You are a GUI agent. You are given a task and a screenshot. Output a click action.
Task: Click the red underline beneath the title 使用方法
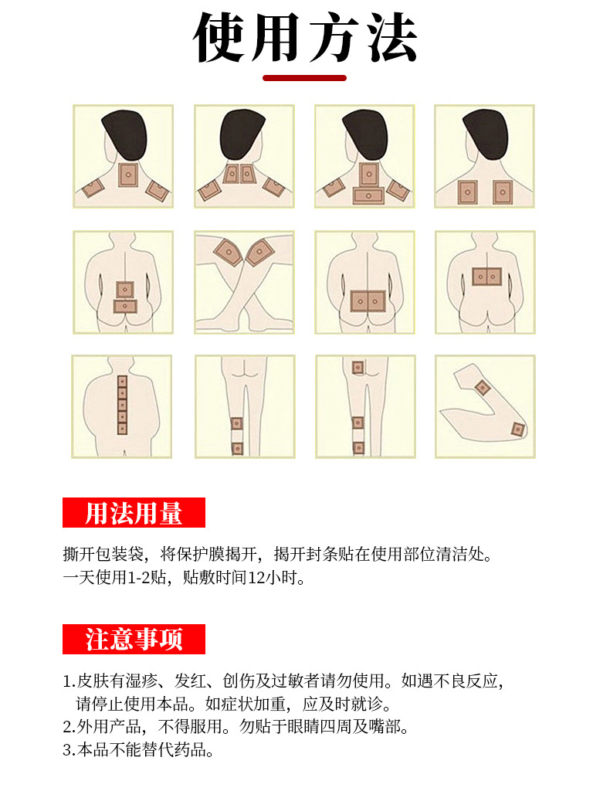click(x=304, y=77)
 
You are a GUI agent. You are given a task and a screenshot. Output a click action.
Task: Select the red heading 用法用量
click(x=134, y=513)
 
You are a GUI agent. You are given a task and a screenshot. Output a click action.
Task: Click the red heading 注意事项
click(x=134, y=640)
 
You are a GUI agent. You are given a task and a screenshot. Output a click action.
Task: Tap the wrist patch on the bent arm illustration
click(x=517, y=429)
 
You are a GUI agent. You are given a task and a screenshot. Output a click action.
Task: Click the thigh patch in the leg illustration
click(x=358, y=368)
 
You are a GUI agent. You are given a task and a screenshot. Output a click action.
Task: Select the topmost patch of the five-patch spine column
click(x=121, y=382)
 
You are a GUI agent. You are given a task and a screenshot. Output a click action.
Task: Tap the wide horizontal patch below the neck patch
click(x=368, y=195)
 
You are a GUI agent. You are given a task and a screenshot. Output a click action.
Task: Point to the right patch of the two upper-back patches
click(x=503, y=191)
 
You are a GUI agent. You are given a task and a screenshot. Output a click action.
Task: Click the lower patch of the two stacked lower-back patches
click(x=124, y=306)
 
